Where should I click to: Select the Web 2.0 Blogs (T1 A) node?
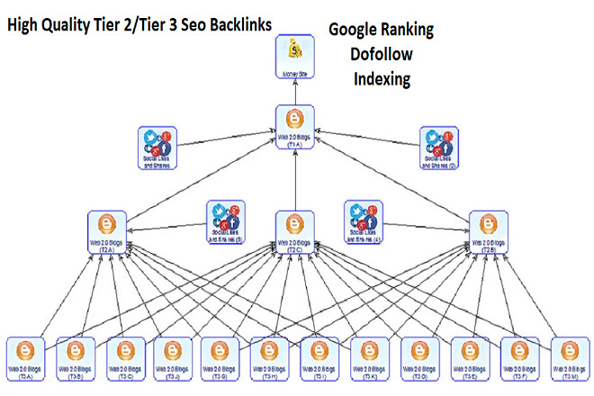(293, 125)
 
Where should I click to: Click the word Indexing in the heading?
(381, 79)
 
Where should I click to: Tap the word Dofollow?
(381, 54)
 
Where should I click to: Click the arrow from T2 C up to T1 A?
(293, 180)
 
